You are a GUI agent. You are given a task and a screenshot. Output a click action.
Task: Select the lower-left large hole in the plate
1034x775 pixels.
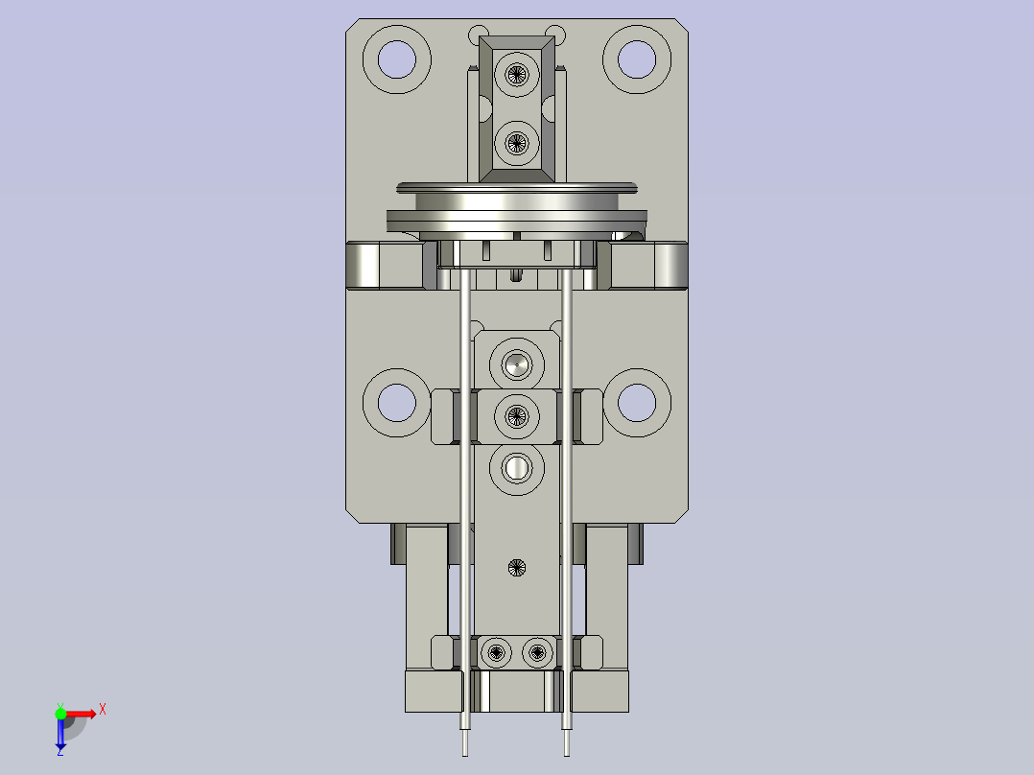396,402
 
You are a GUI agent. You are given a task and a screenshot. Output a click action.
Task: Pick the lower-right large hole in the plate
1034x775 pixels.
636,402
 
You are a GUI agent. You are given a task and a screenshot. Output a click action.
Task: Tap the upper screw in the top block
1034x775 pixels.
517,74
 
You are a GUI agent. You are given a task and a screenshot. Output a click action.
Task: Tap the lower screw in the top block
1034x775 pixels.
517,144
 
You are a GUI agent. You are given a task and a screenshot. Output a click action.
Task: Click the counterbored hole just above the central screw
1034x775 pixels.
517,364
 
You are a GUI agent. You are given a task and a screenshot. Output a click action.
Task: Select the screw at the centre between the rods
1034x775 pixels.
517,416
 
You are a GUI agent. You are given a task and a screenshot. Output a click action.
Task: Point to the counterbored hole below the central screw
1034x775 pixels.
517,468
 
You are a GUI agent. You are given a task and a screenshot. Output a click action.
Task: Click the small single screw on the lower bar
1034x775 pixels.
517,567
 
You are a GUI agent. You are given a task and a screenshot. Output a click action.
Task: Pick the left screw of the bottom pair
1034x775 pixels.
496,653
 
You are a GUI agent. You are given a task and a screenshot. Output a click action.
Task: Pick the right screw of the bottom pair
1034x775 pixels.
537,653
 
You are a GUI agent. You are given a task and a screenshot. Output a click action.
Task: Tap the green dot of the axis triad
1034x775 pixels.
60,713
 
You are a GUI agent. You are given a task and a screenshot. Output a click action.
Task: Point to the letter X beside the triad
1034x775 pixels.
103,710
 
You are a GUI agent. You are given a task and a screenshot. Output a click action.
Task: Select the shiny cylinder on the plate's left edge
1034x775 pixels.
364,266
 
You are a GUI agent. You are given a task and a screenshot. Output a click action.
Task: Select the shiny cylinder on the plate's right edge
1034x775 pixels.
669,266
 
